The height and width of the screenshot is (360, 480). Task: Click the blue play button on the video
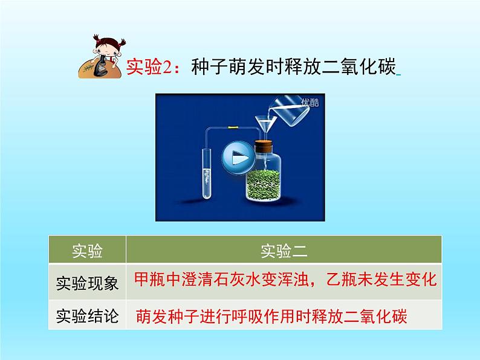click(238, 159)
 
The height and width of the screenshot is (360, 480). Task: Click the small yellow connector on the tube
click(232, 128)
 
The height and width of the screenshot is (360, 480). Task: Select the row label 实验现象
click(87, 281)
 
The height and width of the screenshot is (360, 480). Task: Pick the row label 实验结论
click(87, 315)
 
